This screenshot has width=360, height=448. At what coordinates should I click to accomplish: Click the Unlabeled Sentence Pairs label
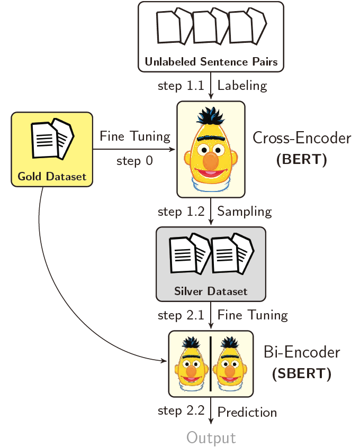pos(211,62)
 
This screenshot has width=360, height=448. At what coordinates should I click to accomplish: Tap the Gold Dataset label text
pos(52,177)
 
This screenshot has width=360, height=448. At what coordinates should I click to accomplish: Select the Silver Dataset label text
pos(211,291)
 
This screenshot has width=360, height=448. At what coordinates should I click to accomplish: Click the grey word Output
pos(211,438)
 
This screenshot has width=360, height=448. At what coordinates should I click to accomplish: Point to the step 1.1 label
pos(181,86)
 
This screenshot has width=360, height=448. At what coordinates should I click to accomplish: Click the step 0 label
pos(134,160)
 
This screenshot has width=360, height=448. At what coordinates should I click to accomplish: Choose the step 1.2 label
pos(181,212)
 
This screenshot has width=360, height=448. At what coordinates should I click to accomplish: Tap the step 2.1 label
pos(181,316)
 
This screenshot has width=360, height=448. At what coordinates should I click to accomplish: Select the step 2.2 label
pos(181,412)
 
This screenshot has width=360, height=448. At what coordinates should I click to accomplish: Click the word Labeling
pos(242,86)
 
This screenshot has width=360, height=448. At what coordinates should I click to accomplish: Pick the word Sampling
pos(244,212)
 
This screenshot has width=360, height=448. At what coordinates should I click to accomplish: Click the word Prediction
pos(247,412)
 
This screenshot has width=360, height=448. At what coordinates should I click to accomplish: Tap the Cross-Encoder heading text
pos(302,139)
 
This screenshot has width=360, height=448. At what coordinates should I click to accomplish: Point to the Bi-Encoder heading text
pos(302,352)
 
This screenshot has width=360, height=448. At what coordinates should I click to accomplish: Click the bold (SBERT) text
pos(301,374)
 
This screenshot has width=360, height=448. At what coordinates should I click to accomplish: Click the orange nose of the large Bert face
pos(211,162)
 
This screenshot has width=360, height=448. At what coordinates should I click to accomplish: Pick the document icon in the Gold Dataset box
pos(52,140)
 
